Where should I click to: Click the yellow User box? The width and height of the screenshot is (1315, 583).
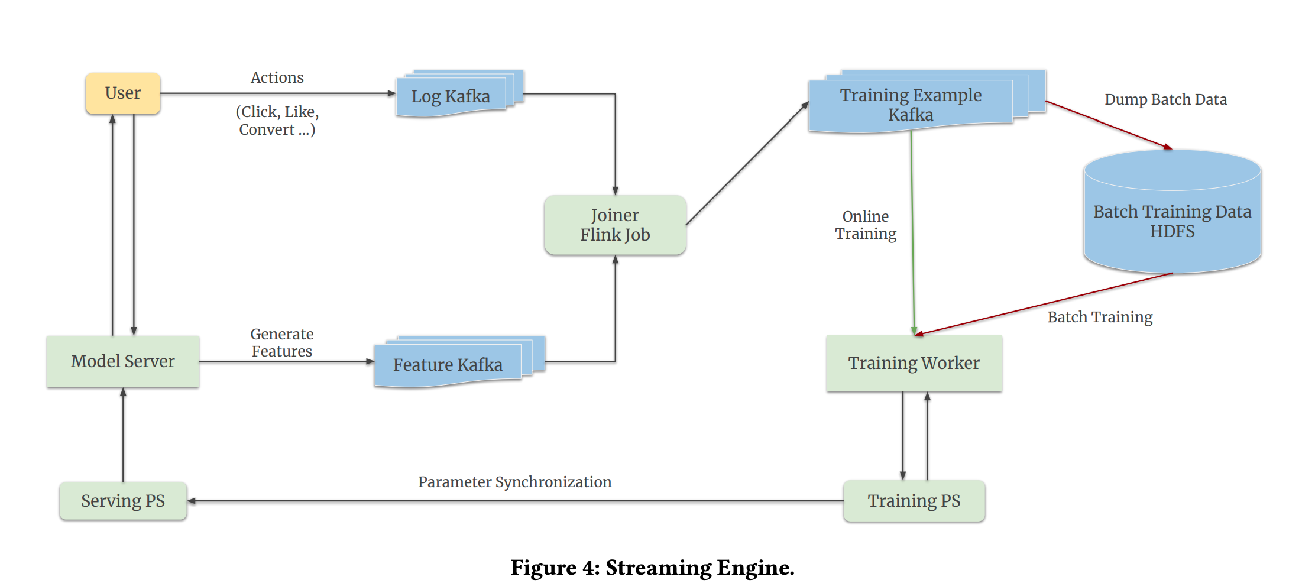tap(123, 93)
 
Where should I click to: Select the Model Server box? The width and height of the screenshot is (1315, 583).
tap(123, 361)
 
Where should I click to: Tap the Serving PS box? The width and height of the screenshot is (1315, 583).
tap(123, 501)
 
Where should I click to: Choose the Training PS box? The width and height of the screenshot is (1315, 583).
tap(914, 501)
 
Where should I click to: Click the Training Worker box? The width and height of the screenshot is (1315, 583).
tap(914, 363)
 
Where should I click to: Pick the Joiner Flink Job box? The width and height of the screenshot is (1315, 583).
tap(615, 225)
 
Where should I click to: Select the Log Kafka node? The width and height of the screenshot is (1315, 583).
tap(451, 96)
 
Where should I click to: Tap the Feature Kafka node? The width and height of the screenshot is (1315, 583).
tap(448, 365)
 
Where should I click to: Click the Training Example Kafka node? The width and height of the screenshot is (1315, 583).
tap(911, 105)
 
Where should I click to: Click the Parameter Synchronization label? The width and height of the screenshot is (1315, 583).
tap(514, 482)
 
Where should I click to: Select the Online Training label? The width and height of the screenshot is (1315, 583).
tap(866, 225)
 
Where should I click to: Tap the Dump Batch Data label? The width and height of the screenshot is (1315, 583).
tap(1165, 99)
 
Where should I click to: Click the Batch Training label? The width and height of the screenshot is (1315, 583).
tap(1100, 317)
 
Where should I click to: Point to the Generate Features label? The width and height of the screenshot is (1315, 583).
tap(282, 342)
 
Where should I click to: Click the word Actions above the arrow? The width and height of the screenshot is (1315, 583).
tap(277, 77)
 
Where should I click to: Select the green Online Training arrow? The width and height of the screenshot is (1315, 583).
tap(912, 237)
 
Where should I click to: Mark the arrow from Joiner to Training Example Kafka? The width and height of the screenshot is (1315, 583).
tap(747, 164)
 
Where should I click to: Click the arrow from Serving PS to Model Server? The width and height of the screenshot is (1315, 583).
tap(123, 435)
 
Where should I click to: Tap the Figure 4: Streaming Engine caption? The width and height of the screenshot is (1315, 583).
tap(652, 568)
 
